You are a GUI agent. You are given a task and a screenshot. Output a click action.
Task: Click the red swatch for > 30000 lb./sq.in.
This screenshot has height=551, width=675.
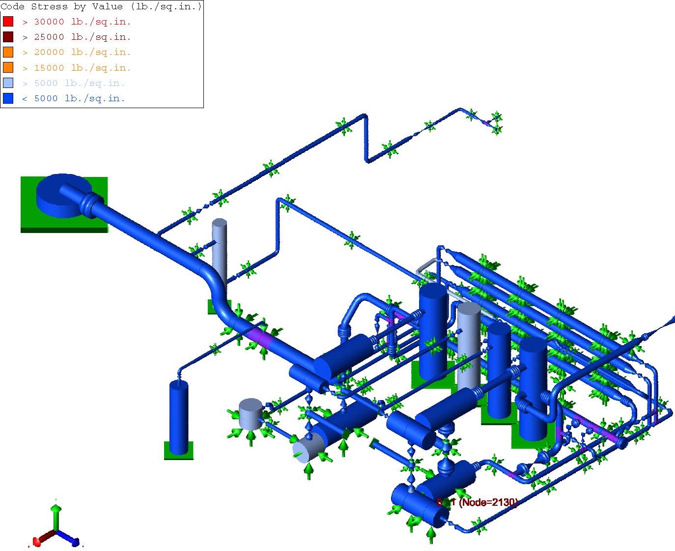click(x=8, y=22)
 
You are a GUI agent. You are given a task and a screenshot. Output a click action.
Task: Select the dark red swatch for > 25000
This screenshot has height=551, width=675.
click(x=8, y=37)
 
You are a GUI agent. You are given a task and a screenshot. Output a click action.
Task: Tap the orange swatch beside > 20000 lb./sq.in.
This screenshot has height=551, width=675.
click(x=8, y=52)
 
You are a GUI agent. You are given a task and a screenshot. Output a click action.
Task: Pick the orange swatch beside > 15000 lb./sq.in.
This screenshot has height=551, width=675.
click(x=8, y=67)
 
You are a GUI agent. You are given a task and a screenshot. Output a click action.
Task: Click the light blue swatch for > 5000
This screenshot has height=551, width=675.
click(x=8, y=83)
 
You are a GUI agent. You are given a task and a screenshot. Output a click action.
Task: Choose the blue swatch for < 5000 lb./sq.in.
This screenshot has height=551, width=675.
click(x=8, y=98)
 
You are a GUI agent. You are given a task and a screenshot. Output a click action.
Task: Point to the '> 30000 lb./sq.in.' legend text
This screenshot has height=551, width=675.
click(x=76, y=22)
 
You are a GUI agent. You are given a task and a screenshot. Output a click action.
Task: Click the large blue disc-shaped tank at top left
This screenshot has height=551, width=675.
click(x=59, y=196)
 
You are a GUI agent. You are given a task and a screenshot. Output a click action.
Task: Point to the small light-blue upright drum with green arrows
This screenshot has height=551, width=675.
click(x=251, y=414)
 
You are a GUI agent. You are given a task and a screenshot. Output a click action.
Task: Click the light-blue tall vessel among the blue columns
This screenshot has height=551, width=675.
click(x=468, y=344)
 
